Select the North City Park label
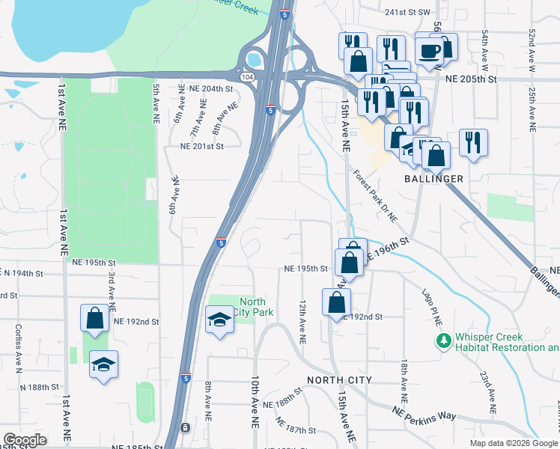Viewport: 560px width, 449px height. click(252, 307)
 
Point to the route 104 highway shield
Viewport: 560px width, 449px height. click(246, 78)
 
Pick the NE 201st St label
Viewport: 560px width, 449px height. click(201, 146)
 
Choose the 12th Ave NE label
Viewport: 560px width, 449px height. click(302, 323)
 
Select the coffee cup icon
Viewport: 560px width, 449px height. click(430, 51)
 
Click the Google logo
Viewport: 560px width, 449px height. click(25, 440)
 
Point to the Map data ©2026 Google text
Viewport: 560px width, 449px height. click(513, 443)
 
